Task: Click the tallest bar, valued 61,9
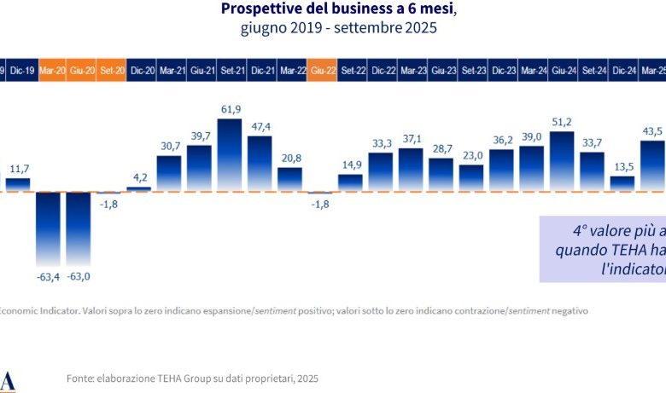pos(230,154)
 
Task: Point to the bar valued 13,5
pos(622,183)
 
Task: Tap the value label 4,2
pos(139,178)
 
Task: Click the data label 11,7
pos(19,169)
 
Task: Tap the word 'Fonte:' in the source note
pos(81,377)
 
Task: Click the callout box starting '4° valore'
pos(602,249)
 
